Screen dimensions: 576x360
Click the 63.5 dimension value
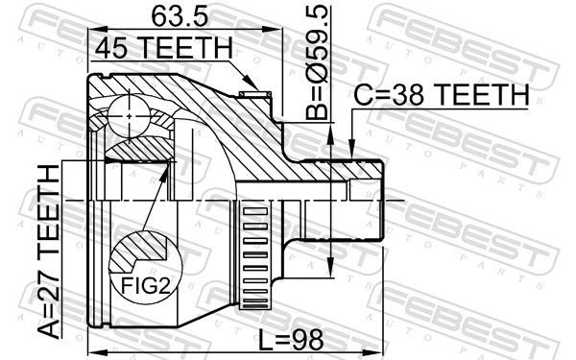click(180, 16)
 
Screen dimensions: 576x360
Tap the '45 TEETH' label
click(164, 48)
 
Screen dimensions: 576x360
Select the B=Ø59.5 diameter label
click(317, 62)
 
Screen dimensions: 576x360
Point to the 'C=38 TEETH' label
click(441, 94)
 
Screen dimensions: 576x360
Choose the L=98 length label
click(291, 340)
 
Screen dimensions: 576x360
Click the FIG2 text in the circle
click(146, 285)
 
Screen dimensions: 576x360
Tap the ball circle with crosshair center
click(130, 116)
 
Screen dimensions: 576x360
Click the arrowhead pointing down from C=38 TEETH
click(351, 150)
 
